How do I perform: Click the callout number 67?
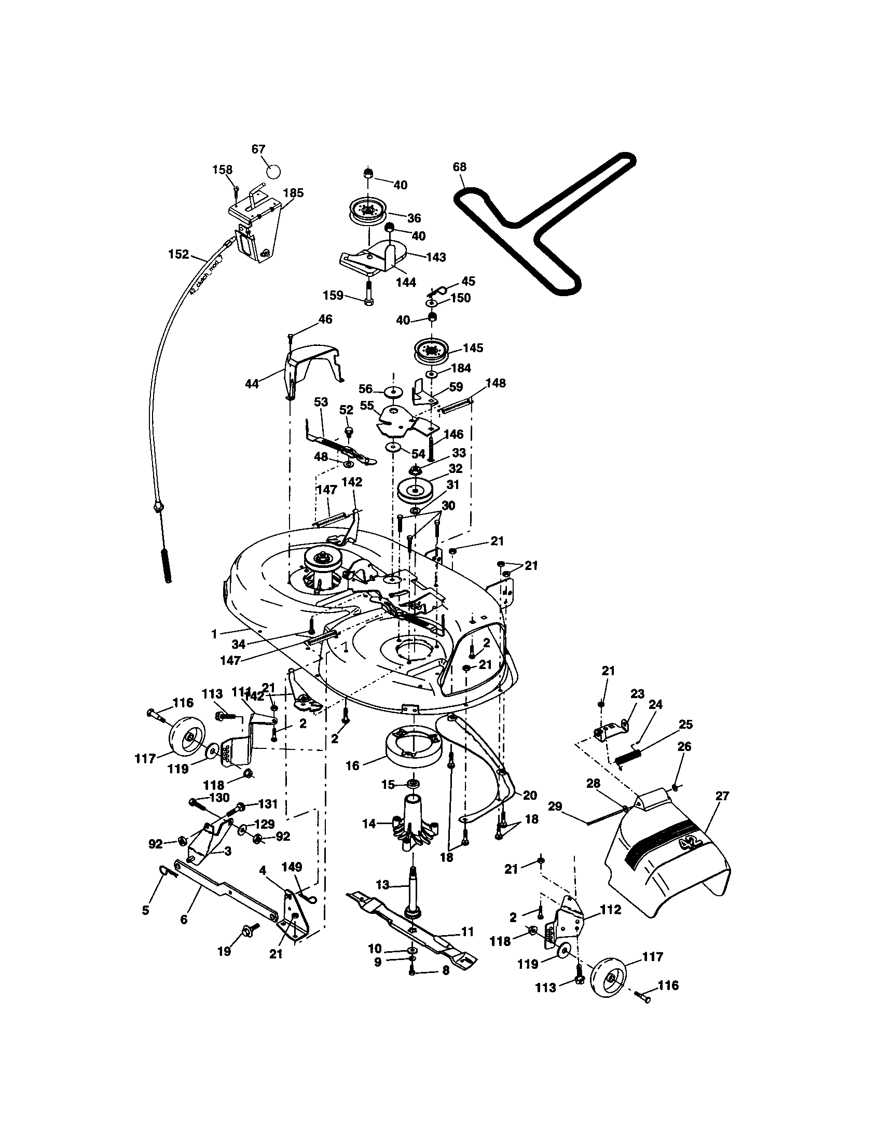[259, 149]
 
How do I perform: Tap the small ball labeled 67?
[273, 171]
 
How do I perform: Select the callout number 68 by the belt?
[459, 167]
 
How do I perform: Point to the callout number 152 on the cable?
[178, 255]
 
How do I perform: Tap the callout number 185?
[293, 193]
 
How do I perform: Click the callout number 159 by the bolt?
[333, 296]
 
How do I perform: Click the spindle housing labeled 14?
[413, 823]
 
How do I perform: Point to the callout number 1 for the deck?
[214, 634]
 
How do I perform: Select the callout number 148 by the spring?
[496, 383]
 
